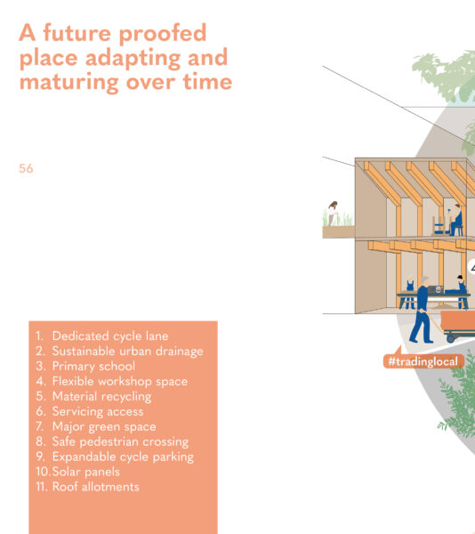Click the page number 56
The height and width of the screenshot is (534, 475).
[26, 168]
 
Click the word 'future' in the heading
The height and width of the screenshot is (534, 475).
[76, 33]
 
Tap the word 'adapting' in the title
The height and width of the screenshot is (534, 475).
[133, 58]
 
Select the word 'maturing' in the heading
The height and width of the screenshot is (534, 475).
[68, 83]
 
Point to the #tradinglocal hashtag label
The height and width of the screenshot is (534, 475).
[423, 361]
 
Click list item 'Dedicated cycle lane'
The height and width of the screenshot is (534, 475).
[110, 336]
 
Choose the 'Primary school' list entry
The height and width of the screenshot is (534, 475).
[93, 366]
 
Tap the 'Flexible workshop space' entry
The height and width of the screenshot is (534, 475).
[120, 382]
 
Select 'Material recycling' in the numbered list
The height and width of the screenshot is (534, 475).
[101, 397]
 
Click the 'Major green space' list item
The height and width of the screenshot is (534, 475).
[104, 426]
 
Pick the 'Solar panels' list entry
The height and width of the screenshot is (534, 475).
[85, 472]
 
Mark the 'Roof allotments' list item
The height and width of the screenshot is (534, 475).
[95, 487]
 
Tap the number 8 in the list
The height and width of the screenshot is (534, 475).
[40, 441]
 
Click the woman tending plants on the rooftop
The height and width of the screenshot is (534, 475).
[333, 214]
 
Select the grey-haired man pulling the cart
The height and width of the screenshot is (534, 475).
[422, 309]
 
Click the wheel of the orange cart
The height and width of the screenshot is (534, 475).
[451, 338]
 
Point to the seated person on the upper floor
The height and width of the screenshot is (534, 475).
[455, 220]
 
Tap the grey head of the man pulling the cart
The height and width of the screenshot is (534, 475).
[425, 281]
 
